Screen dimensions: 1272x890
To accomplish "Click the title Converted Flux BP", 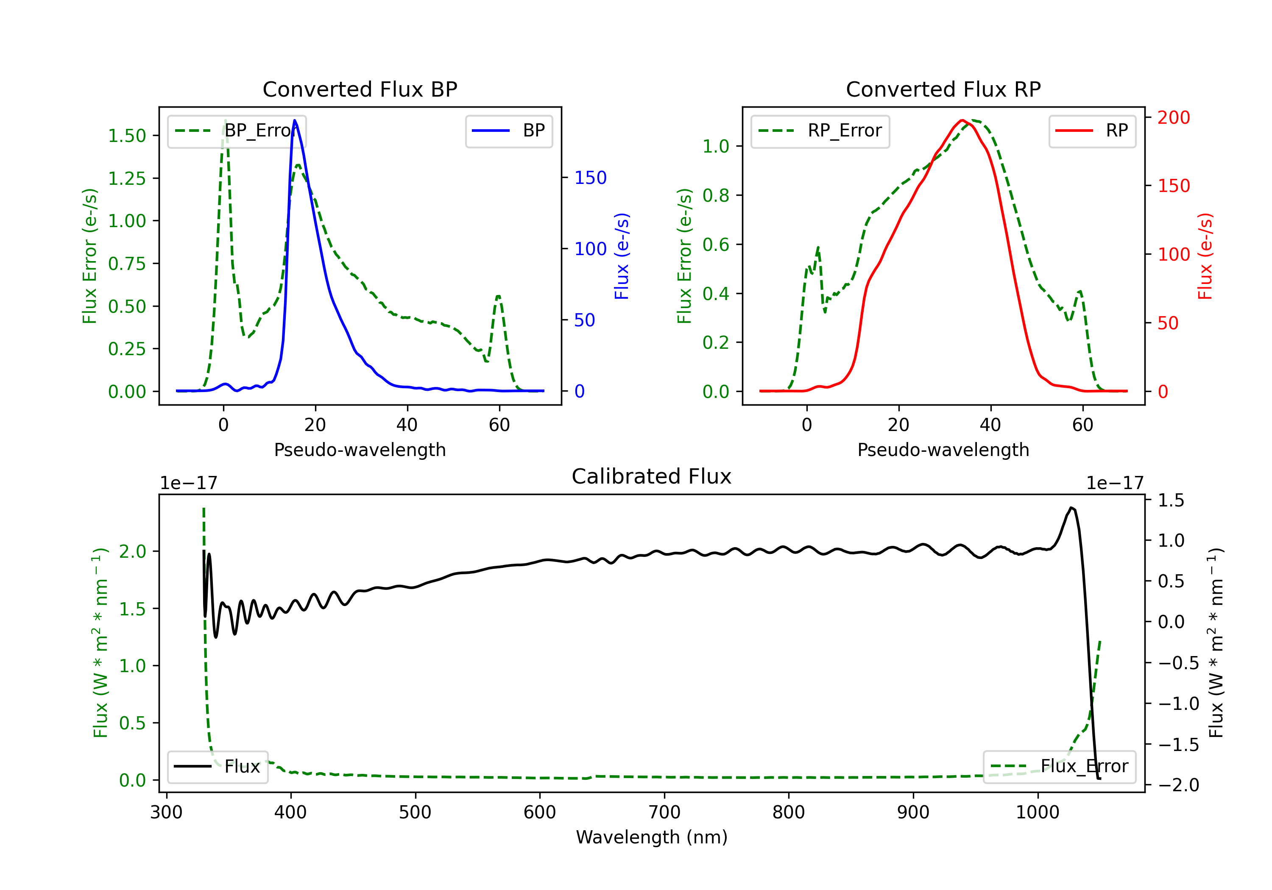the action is point(360,89).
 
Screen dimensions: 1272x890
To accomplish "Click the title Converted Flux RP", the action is point(943,89).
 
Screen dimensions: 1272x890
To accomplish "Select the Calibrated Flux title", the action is point(652,476).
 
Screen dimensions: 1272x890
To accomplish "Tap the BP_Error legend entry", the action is point(237,131).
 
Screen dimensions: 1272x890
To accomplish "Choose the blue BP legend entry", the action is point(509,131).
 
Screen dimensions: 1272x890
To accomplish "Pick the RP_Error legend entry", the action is point(820,131).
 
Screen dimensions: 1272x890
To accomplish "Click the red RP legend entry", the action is point(1092,131).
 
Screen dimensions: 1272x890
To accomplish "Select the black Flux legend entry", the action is point(218,767).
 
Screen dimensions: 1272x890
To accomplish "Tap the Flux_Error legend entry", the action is point(1059,767).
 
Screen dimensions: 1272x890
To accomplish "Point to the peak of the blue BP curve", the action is point(295,120).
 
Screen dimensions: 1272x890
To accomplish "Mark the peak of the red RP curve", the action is point(962,120).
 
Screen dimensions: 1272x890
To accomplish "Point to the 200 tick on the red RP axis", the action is point(1173,117).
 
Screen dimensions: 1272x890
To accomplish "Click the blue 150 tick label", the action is point(591,178).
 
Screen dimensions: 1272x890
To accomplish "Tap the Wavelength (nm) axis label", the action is point(652,837).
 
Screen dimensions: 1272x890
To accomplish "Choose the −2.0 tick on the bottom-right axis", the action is point(1178,785).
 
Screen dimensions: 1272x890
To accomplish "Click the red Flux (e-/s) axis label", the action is point(1205,256).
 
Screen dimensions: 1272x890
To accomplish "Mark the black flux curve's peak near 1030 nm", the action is point(1071,507).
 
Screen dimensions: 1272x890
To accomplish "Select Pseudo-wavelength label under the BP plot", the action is point(360,450).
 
